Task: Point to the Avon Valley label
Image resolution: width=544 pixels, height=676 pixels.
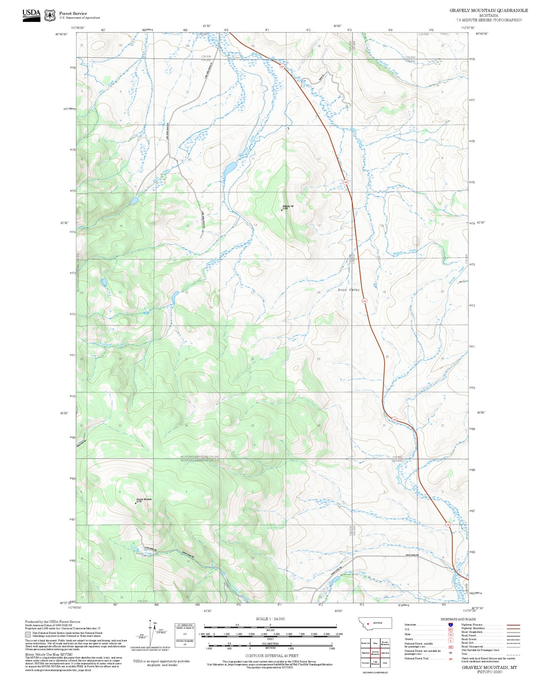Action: pos(348,290)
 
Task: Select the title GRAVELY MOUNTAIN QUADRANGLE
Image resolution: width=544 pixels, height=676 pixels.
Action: pos(488,11)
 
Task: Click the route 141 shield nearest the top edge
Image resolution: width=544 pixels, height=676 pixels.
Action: pos(282,67)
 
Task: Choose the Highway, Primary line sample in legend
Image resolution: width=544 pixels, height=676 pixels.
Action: pos(514,625)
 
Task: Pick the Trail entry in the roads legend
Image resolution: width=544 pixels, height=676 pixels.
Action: pos(464,654)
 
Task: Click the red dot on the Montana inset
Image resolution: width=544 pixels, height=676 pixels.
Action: pos(368,623)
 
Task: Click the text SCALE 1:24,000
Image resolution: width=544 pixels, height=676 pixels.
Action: pos(270,619)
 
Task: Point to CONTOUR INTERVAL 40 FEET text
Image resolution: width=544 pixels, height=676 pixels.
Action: pos(270,656)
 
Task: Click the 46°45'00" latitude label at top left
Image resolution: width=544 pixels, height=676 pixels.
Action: pos(61,34)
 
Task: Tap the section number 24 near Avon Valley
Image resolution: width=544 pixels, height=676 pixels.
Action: pos(318,292)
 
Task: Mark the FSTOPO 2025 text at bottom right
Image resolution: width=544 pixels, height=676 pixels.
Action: pos(489,671)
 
